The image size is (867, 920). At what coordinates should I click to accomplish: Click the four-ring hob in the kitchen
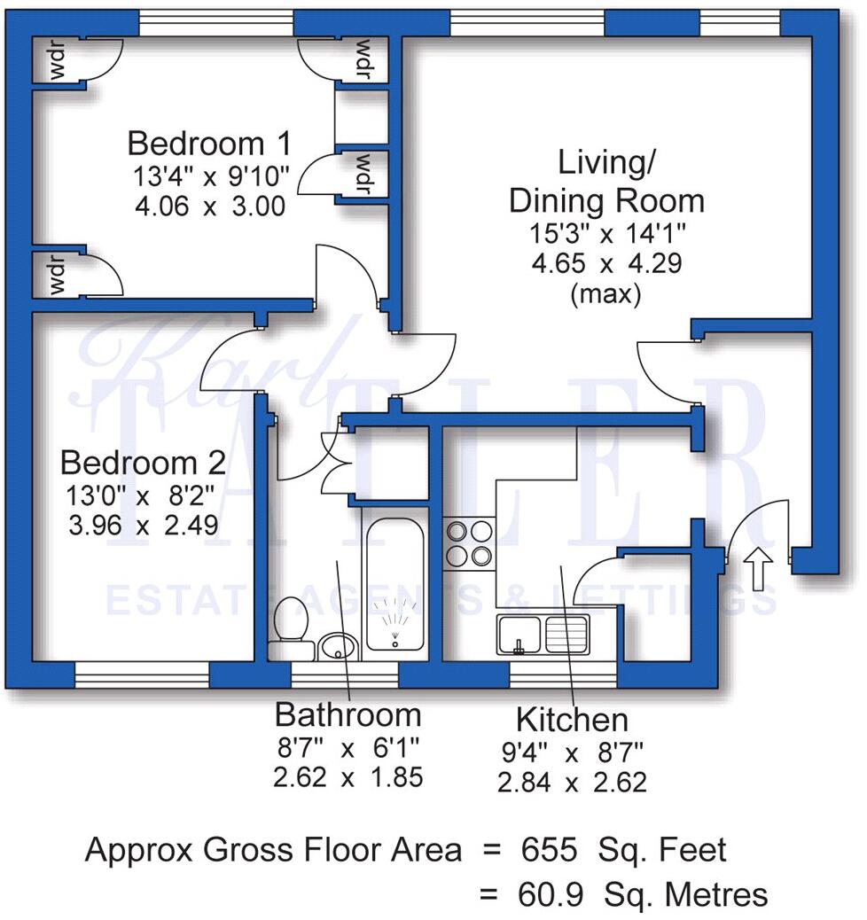470,543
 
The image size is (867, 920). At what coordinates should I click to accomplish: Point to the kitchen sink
543,635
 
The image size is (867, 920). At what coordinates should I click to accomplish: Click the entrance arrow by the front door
759,568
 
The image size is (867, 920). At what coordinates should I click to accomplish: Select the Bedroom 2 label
143,463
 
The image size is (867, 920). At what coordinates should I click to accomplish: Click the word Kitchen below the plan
572,719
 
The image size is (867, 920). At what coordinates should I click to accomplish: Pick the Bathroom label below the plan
348,714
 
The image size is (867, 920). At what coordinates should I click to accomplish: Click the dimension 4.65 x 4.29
606,264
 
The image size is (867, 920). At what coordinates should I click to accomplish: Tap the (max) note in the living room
606,294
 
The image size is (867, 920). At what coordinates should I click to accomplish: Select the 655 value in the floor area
545,851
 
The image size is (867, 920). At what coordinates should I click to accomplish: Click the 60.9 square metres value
544,894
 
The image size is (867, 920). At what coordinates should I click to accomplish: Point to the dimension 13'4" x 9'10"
211,176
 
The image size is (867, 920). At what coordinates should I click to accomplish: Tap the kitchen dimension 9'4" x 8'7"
572,753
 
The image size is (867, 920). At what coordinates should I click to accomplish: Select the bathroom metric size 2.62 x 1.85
348,777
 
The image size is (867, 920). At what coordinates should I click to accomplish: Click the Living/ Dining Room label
606,183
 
